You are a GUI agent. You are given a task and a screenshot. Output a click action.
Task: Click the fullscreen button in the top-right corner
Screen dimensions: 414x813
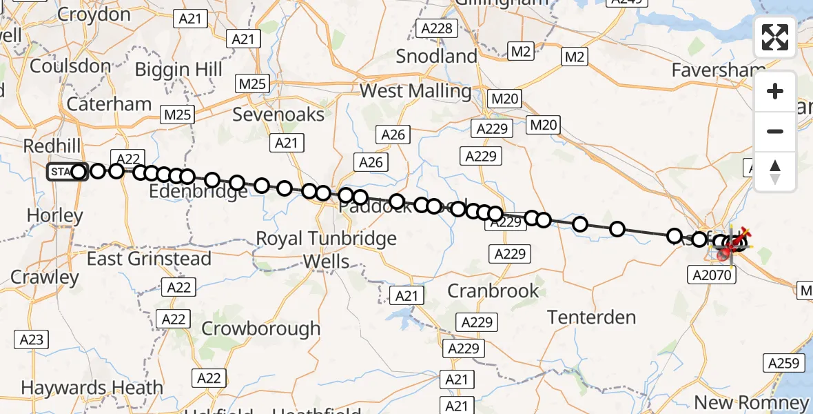tap(775, 37)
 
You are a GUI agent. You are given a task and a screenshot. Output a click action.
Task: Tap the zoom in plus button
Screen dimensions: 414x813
tap(775, 92)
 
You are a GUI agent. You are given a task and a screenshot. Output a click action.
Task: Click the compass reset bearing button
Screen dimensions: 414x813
tap(775, 172)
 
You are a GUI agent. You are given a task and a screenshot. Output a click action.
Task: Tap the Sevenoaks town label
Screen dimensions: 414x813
tap(278, 114)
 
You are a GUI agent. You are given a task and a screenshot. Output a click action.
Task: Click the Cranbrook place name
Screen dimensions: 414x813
tap(493, 290)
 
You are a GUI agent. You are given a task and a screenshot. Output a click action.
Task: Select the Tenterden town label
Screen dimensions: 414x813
tap(591, 317)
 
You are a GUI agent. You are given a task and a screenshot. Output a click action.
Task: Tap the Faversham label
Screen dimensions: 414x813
tap(719, 71)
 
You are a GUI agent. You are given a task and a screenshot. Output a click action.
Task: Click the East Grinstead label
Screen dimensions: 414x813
tap(149, 259)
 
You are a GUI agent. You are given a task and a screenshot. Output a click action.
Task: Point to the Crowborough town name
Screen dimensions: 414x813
tap(261, 328)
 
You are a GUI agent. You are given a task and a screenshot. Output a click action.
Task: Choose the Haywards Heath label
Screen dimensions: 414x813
tap(92, 388)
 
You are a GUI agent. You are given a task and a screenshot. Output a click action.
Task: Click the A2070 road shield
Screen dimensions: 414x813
tap(712, 275)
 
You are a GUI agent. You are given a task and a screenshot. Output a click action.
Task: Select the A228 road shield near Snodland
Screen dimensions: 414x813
tap(437, 28)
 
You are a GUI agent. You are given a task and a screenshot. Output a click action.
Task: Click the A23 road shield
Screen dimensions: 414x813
tap(32, 339)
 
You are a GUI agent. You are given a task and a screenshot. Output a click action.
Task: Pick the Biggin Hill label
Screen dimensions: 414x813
tap(178, 70)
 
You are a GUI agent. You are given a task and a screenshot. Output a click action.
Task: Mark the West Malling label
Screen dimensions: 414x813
tap(415, 91)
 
